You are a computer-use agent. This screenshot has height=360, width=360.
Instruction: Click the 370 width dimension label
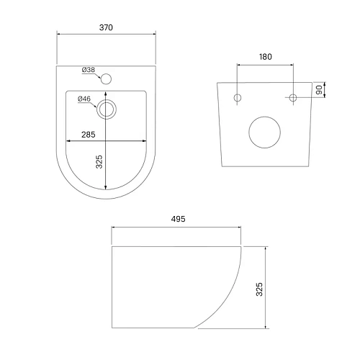[106, 27]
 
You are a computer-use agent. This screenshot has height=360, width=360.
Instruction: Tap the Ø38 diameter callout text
[89, 70]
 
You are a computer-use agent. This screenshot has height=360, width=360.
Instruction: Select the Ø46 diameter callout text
[84, 99]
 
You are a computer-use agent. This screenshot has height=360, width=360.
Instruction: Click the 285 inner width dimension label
[89, 135]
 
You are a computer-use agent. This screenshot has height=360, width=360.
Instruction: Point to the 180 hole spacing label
[266, 57]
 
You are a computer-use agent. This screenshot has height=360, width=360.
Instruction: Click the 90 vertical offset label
[319, 90]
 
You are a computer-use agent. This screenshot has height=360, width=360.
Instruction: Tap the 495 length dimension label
[178, 219]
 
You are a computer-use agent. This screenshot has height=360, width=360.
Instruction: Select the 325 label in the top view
[99, 162]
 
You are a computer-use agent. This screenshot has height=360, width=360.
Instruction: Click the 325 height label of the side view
[259, 289]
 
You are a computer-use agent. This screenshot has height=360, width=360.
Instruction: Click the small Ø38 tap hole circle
[106, 79]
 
